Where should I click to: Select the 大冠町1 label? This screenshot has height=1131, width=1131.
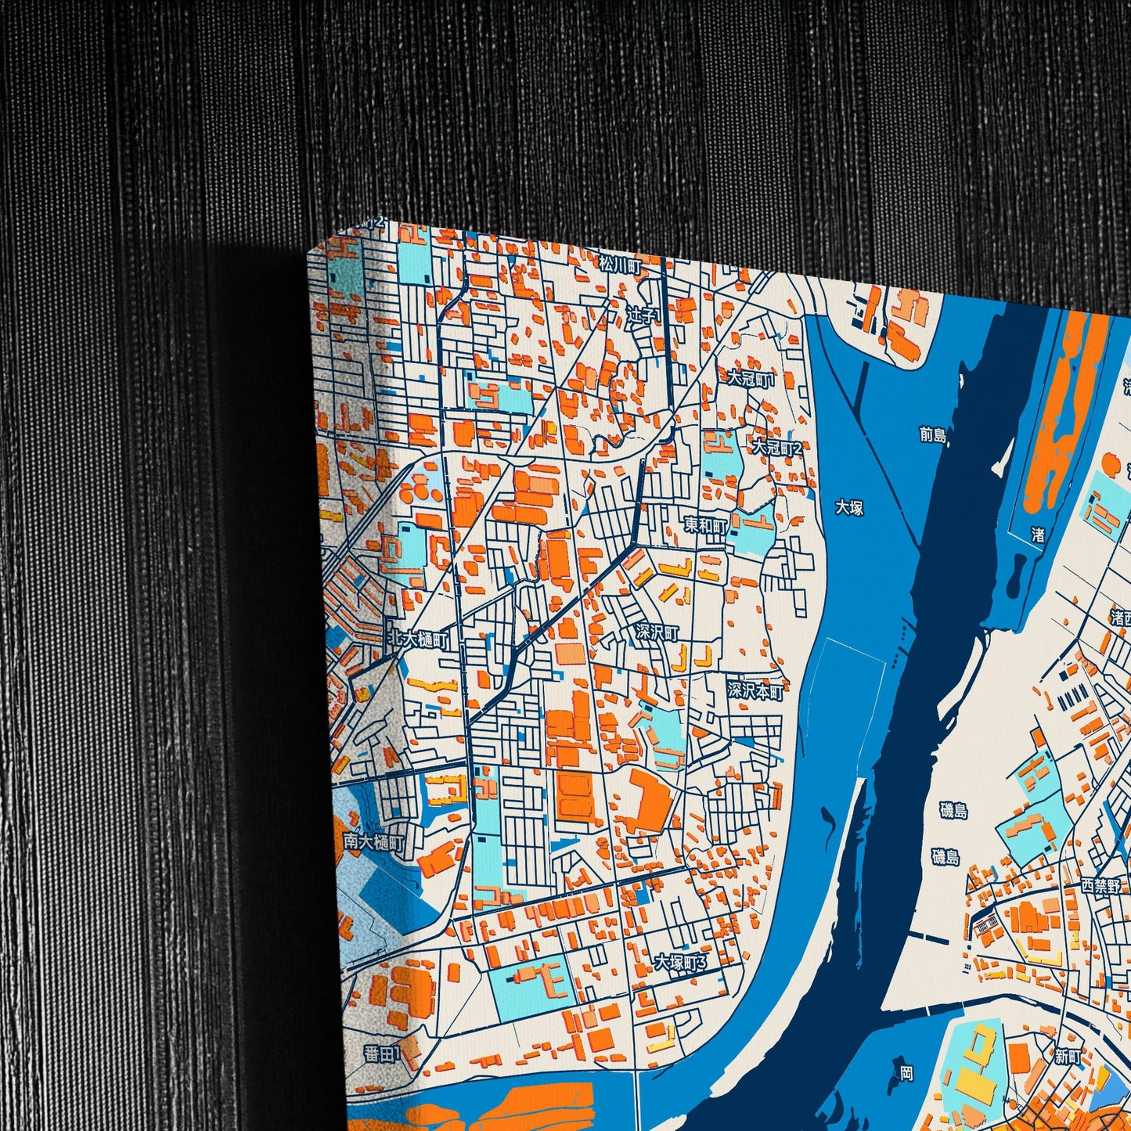(x=751, y=379)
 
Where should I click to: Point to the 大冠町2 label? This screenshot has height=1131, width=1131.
(x=777, y=448)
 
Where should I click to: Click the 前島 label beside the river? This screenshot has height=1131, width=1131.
(x=932, y=434)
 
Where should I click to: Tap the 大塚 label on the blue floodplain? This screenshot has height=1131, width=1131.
(x=849, y=507)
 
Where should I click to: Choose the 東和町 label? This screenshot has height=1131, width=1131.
(x=706, y=525)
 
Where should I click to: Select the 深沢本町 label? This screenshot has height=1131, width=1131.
(x=755, y=690)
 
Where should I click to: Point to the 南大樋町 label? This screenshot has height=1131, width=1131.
(x=374, y=843)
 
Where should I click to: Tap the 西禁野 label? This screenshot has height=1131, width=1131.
(x=1100, y=886)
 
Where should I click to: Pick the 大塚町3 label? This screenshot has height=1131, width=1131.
(x=680, y=962)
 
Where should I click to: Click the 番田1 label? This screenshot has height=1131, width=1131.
(x=382, y=1054)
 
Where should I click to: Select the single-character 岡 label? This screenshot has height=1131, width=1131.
(x=906, y=1072)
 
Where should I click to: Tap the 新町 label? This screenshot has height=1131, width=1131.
(x=1068, y=1057)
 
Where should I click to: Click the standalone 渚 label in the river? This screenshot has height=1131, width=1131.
(x=1038, y=535)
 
